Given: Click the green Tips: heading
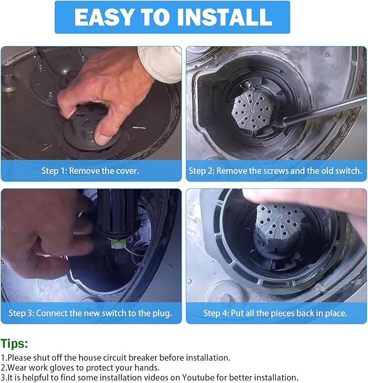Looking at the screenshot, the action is (x=15, y=343).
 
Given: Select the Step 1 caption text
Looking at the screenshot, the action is (x=90, y=171).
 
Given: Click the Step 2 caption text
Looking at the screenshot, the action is (x=275, y=171).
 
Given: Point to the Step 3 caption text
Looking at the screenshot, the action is (x=90, y=313).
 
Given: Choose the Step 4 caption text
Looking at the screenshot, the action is (x=275, y=313).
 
